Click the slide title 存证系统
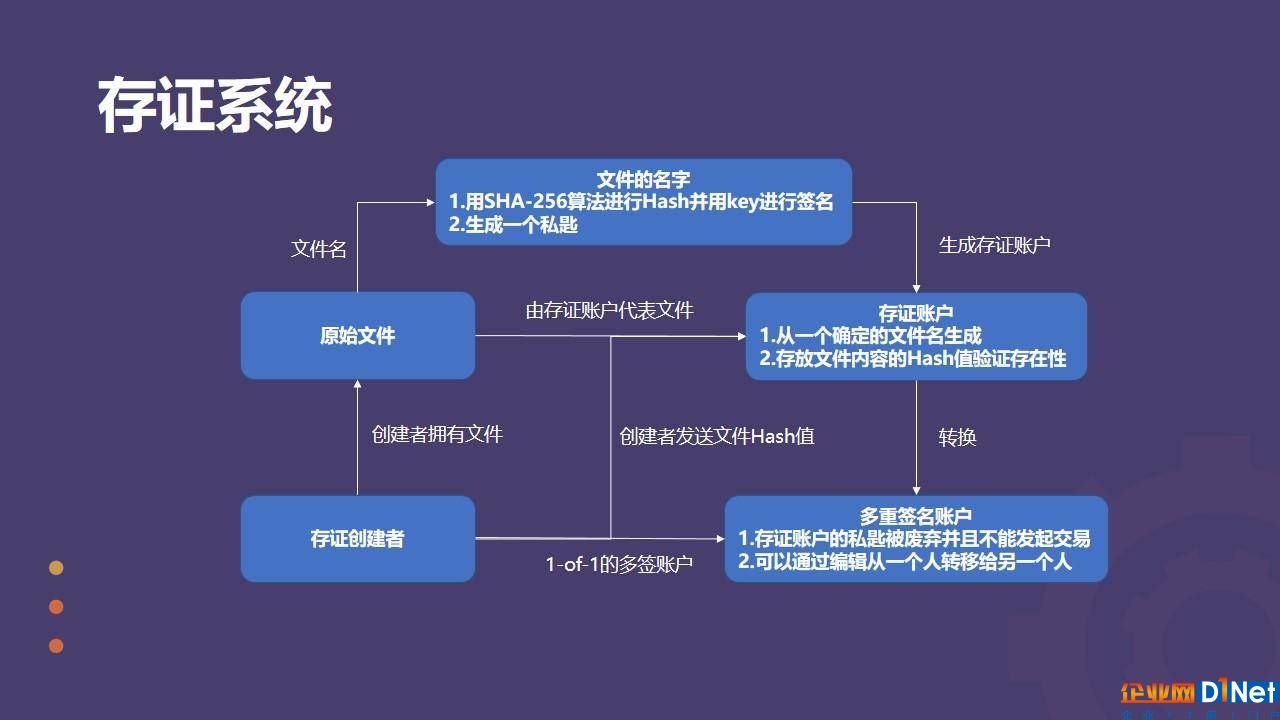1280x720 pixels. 215,106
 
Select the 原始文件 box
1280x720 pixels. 358,335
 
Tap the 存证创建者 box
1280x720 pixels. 358,539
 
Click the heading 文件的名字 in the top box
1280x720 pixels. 643,179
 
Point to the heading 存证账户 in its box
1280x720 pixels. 915,313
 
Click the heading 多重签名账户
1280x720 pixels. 915,516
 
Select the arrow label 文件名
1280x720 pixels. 319,249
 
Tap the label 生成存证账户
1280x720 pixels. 995,245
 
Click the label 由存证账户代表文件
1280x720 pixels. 610,310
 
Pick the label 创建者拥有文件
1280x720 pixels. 437,434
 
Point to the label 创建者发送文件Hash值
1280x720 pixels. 717,436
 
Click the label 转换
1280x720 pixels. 958,437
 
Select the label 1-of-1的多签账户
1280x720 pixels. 619,565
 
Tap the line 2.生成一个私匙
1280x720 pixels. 513,225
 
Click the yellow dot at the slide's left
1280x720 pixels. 56,567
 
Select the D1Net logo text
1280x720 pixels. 1240,692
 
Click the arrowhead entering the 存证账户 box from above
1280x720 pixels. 917,289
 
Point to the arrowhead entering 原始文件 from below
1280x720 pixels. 358,385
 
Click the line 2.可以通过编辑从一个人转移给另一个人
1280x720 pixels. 905,562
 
